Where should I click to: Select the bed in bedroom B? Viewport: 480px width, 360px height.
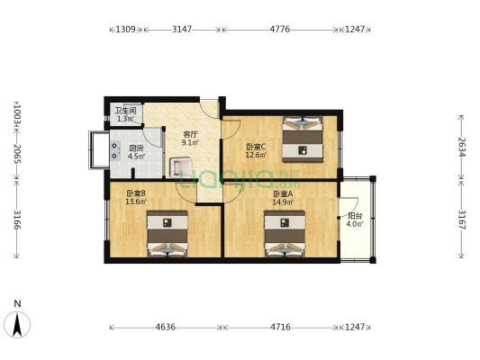[x=168, y=234]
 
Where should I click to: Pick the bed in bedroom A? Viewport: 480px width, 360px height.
[x=285, y=234]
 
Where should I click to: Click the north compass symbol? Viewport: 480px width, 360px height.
[x=17, y=322]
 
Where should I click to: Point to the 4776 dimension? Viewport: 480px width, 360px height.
[x=280, y=30]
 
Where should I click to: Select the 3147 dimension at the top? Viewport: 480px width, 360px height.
[x=182, y=30]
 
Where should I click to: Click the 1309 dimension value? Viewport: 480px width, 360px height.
[x=125, y=30]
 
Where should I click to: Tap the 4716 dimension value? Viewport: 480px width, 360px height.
[x=281, y=328]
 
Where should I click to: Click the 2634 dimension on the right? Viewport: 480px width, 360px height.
[x=461, y=147]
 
